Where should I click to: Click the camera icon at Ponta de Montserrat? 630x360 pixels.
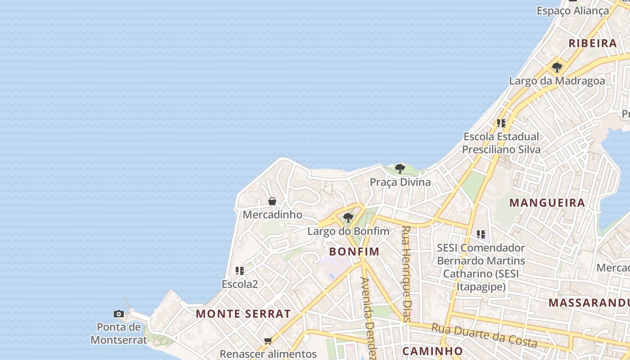119,314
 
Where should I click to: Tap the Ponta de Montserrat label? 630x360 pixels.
119,333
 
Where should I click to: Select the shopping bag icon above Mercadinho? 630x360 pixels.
272,201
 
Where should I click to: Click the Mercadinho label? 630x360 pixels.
272,215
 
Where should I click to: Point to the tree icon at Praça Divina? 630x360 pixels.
400,169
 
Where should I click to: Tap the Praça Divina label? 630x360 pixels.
400,182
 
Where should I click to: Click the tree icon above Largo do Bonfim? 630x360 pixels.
348,218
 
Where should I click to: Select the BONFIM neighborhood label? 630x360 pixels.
354,252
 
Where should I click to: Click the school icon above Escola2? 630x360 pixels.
240,271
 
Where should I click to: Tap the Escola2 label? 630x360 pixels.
240,284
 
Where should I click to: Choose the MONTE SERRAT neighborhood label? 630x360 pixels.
243,314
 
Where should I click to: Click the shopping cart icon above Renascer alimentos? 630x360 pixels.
268,341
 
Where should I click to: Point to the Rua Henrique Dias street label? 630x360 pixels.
406,274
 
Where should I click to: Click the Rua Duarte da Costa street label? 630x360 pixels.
484,335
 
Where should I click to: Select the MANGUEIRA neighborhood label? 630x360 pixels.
547,203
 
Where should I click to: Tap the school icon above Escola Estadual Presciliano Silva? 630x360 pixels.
501,123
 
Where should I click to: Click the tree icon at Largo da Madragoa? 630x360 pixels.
557,67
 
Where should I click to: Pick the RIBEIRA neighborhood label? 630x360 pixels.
593,44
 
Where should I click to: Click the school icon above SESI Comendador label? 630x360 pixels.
481,234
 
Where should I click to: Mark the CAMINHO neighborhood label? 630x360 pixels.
432,351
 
